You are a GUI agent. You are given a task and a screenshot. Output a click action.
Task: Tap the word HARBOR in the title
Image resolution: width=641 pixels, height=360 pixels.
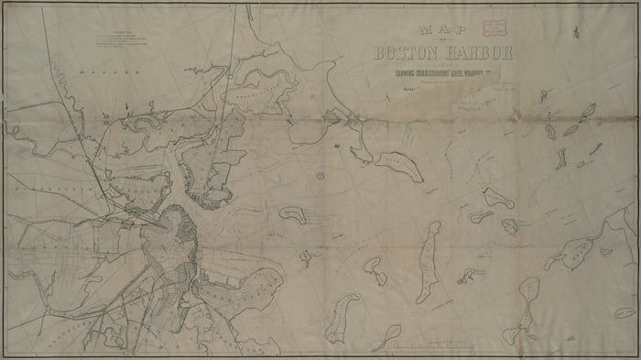coord(475,51)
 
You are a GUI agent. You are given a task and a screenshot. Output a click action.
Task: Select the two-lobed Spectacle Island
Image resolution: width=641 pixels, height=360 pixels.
coord(375,271)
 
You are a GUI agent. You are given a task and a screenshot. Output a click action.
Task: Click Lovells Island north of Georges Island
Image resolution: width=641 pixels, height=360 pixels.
coord(499,197)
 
